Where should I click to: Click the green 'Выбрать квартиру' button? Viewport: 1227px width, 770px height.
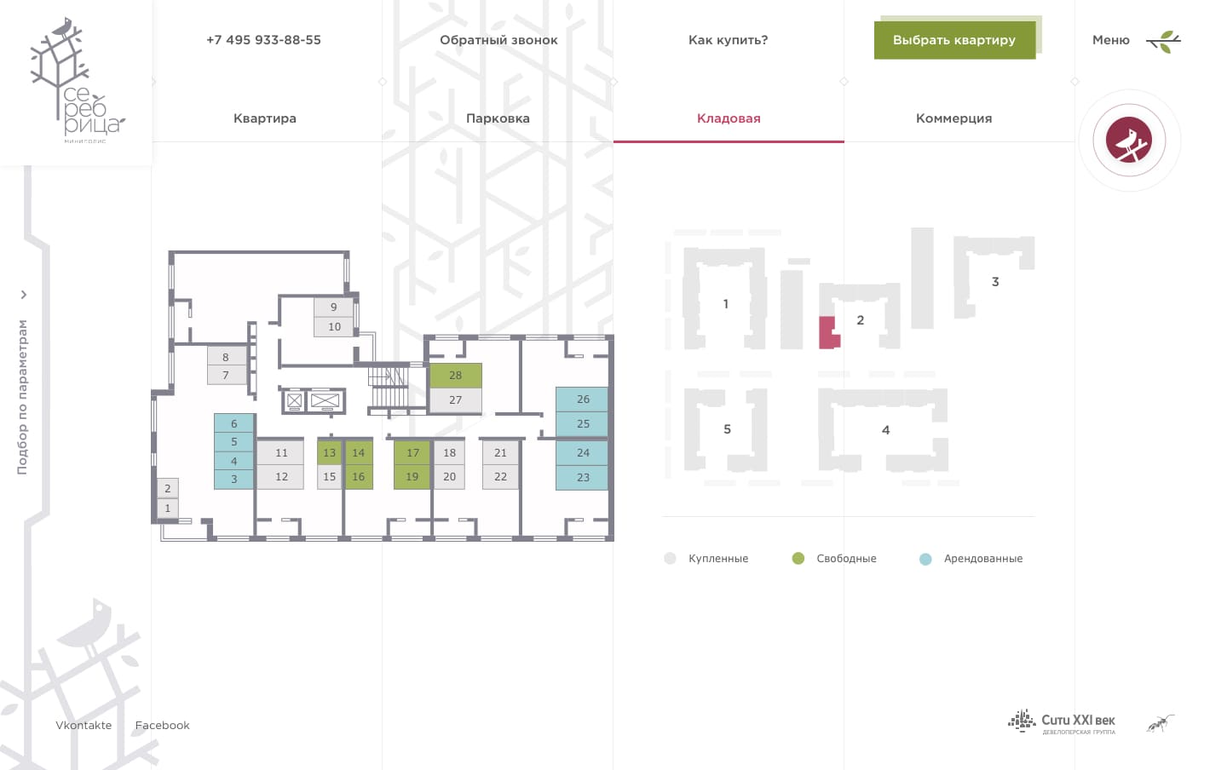tap(954, 40)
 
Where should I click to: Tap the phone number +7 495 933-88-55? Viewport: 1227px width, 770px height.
tap(263, 40)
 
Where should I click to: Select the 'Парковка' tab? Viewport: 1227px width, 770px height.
tap(498, 118)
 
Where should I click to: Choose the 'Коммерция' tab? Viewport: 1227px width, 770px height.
tap(953, 118)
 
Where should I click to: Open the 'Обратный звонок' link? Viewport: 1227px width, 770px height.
tap(498, 40)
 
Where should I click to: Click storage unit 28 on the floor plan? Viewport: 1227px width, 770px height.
tap(455, 375)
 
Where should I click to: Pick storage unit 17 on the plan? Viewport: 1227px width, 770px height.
tap(412, 452)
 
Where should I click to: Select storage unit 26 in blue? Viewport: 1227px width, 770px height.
tap(583, 399)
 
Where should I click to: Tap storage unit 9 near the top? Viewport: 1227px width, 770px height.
tap(333, 307)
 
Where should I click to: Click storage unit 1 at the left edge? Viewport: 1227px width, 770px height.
tap(167, 508)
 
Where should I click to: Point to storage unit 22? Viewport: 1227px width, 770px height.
tap(500, 477)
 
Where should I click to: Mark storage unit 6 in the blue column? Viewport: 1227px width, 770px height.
tap(233, 423)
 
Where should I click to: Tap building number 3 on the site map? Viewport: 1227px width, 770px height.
tap(994, 281)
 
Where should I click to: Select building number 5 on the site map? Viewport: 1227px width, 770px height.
tap(727, 429)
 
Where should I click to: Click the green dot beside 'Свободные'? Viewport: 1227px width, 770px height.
tap(798, 559)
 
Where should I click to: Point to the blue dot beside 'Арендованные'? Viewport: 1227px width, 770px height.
tap(925, 559)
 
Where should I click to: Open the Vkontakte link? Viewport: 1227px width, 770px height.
tap(84, 726)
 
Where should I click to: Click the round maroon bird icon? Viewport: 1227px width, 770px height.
tap(1129, 141)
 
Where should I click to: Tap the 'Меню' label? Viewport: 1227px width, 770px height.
tap(1110, 40)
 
